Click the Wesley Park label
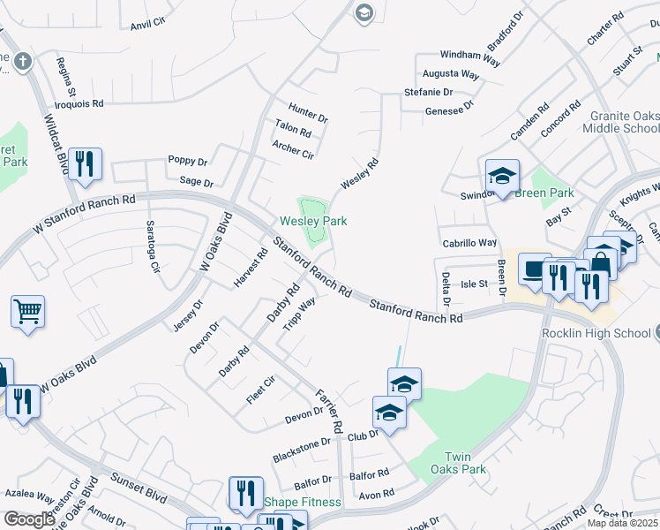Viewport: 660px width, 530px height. click(x=313, y=221)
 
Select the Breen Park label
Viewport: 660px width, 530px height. click(x=544, y=193)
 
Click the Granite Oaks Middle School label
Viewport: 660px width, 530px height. click(x=620, y=121)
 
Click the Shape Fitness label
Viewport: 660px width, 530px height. click(x=303, y=502)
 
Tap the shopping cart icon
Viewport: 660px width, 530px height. click(x=27, y=311)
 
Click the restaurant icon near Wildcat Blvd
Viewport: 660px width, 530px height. click(x=85, y=163)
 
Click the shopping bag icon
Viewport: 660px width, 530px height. click(x=600, y=262)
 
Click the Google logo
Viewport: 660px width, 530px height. click(x=29, y=519)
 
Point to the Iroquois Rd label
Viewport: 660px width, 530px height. click(x=79, y=103)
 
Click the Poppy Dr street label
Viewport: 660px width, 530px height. click(x=187, y=162)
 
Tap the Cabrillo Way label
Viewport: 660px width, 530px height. click(x=469, y=243)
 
